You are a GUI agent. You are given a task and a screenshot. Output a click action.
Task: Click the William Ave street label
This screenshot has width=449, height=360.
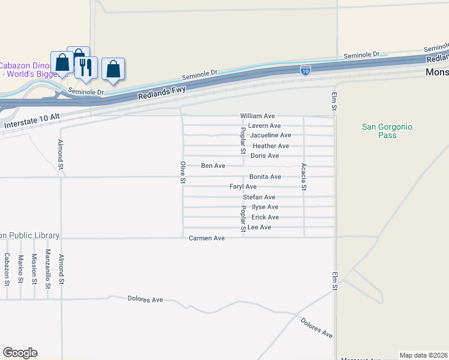(257, 116)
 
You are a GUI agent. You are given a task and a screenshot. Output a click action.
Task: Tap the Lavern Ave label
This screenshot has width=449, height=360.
(265, 126)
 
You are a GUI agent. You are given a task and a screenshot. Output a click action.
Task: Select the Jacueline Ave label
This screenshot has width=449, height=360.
(270, 136)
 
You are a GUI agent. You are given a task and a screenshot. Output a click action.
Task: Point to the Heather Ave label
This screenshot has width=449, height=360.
(271, 146)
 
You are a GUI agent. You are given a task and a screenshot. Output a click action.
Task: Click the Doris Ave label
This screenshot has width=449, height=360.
(264, 156)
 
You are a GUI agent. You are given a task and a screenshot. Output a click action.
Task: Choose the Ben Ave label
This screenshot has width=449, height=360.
(212, 166)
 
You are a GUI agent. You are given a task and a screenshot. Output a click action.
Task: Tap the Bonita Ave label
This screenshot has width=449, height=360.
(265, 177)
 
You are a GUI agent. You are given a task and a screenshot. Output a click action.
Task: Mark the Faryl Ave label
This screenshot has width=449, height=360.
(243, 187)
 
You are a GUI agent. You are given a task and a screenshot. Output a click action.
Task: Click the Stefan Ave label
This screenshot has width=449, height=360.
(259, 197)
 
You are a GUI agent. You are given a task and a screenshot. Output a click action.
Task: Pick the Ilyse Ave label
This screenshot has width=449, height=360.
(264, 207)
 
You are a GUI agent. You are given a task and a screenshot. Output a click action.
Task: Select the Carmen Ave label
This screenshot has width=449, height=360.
(206, 238)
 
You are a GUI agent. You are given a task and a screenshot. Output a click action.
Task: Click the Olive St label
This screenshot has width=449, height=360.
(183, 172)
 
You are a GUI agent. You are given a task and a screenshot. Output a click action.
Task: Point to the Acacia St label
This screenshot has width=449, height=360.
(304, 177)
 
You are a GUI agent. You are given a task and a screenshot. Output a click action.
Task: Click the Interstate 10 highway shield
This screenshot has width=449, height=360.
(306, 70)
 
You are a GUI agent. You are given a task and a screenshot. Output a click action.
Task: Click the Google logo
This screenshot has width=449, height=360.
(20, 353)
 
